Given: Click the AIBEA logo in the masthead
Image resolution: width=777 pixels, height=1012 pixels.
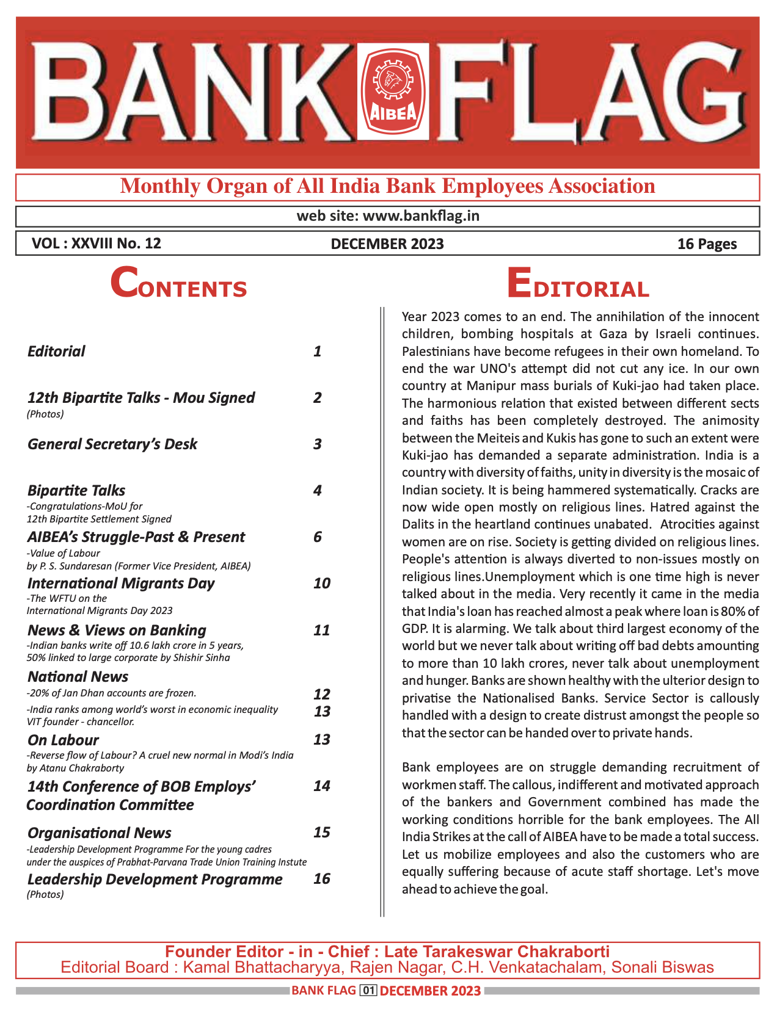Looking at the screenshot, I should click(393, 92).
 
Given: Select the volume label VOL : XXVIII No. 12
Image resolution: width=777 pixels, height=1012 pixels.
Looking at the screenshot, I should click(97, 244).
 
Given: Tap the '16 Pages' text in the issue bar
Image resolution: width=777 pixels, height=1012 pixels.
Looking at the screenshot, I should click(707, 244).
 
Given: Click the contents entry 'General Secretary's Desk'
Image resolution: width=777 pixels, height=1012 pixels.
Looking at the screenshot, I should click(112, 444).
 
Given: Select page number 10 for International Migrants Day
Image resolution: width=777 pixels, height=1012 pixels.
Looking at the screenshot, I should click(321, 583).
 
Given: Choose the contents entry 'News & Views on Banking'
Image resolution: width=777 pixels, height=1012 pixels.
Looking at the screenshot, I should click(117, 630).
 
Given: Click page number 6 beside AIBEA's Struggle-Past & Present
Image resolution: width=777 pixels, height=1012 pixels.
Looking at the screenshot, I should click(318, 537).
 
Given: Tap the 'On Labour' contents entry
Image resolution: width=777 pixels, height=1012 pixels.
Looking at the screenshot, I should click(63, 740).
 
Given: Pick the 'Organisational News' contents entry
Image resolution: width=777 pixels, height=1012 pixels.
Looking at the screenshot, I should click(99, 833).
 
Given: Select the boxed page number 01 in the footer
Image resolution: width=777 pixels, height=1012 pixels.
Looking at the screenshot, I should click(368, 991).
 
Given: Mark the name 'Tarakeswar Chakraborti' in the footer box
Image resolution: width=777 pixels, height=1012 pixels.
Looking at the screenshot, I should click(514, 952).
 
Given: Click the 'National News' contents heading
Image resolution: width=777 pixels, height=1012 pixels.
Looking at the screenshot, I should click(78, 676).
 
